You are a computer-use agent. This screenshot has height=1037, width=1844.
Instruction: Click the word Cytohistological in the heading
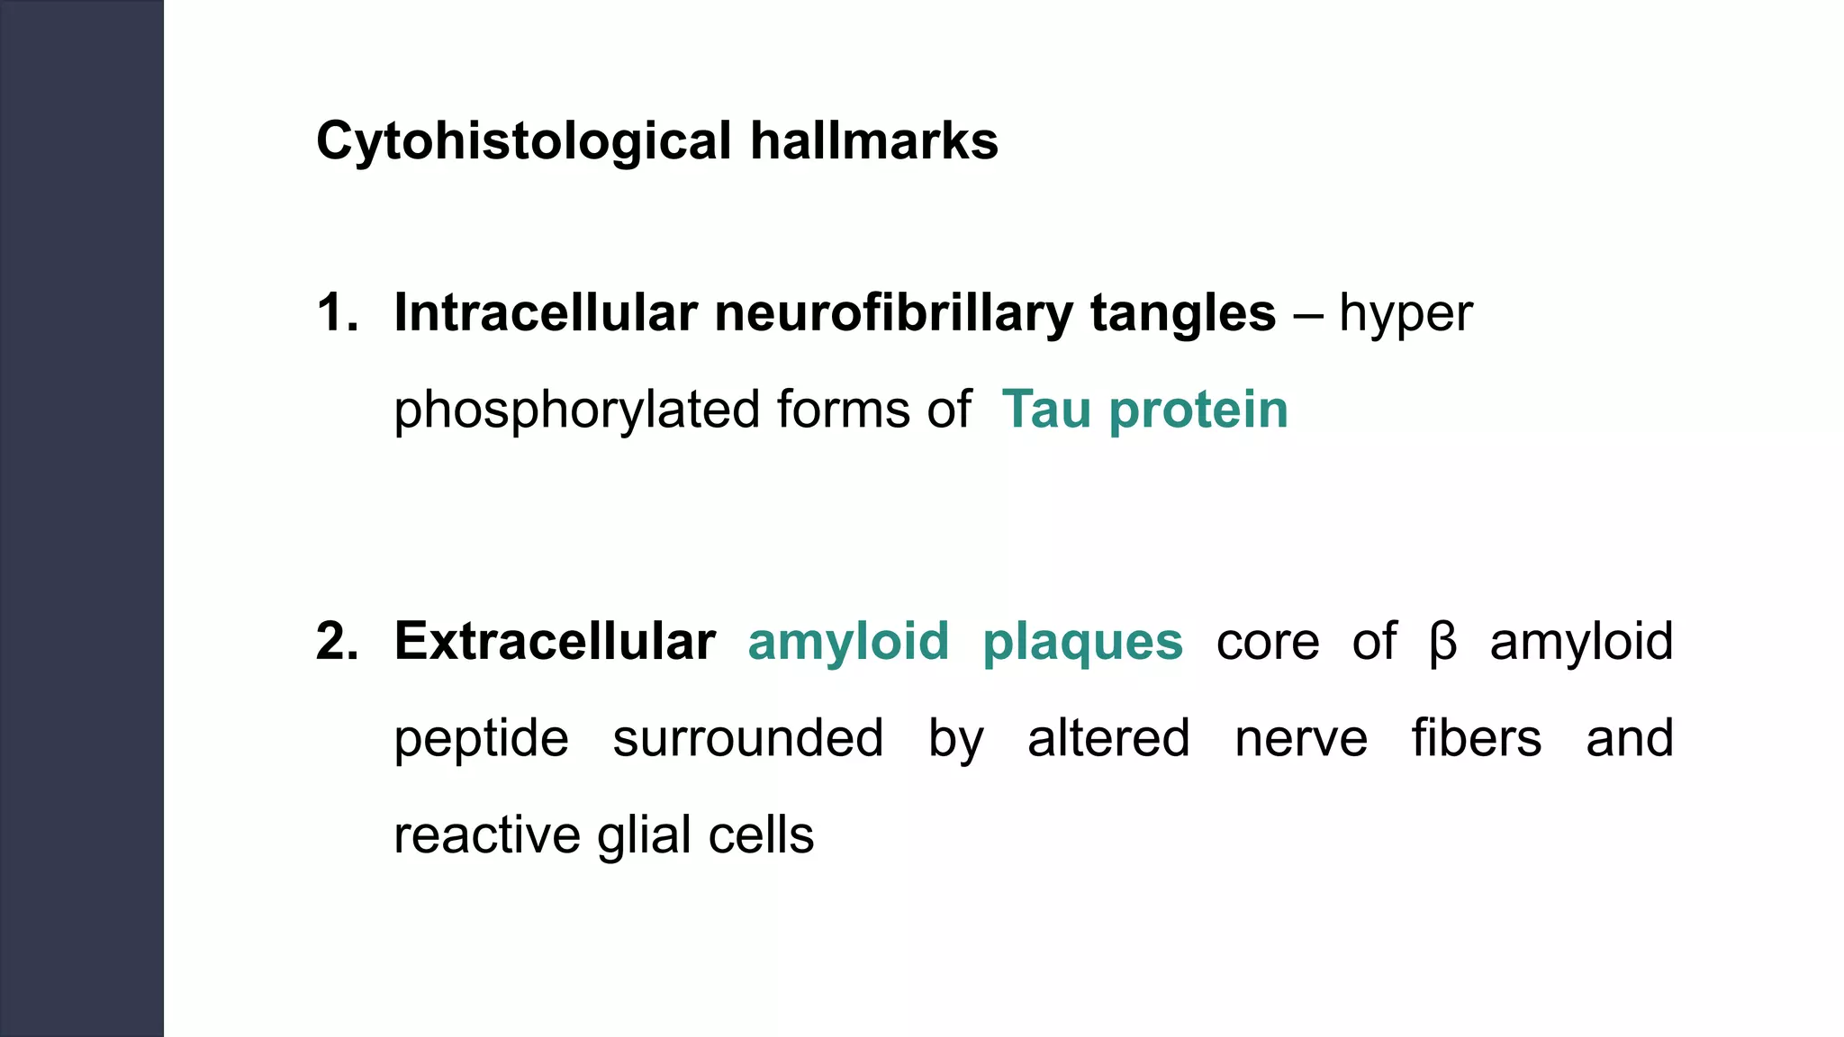pos(523,142)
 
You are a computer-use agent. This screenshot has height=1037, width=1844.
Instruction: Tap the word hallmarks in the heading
pos(874,141)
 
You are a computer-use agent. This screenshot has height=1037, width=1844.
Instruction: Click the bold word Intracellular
pos(546,313)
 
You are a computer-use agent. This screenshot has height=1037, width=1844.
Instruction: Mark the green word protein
pos(1198,411)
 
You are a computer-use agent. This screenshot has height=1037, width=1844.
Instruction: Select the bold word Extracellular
pos(555,642)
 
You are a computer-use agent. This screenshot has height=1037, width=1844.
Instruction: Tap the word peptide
pos(482,740)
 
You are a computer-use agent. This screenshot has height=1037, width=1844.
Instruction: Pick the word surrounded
pos(748,738)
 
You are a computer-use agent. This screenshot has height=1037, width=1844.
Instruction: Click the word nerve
pos(1301,740)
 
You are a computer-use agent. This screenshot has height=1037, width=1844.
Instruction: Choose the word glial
pos(641,836)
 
